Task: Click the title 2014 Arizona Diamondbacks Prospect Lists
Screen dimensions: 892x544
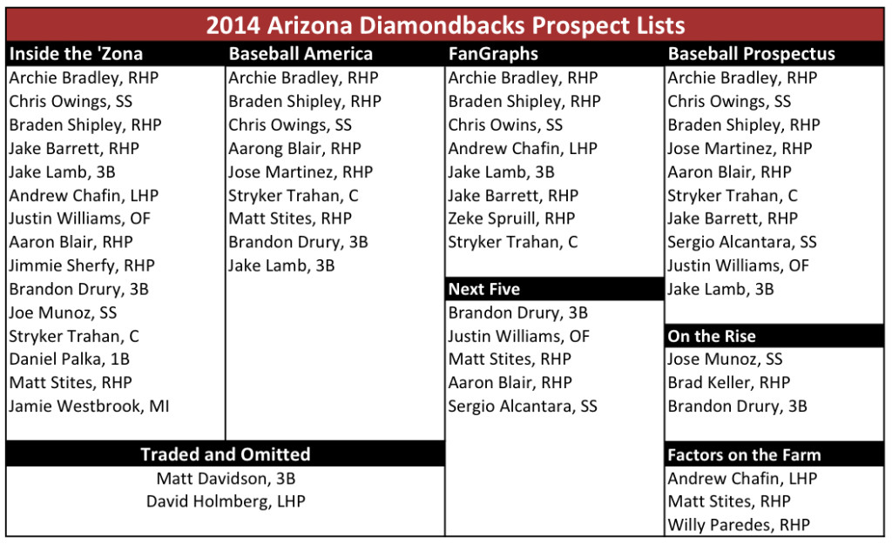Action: pos(445,25)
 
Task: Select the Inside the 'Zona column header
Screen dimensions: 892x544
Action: pos(76,54)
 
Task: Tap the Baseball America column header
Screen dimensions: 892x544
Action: pos(301,54)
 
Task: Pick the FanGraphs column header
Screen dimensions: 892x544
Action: pos(493,54)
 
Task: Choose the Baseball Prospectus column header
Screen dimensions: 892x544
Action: pos(751,54)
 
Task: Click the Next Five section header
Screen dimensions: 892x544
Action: pos(483,289)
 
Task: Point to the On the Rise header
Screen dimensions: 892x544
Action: pos(712,337)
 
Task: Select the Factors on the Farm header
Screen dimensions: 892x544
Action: pos(744,454)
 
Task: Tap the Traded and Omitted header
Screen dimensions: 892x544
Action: pos(226,454)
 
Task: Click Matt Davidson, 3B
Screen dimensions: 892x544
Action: pos(226,479)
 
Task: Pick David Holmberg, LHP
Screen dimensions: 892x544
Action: pos(226,501)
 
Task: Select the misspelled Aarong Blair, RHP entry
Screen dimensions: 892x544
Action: pos(294,149)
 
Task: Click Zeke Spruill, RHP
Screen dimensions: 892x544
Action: pos(511,218)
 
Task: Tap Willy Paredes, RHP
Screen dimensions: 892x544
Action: pos(739,525)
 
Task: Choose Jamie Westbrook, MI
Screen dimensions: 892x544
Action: pos(89,406)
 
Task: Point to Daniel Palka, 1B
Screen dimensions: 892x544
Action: pos(70,359)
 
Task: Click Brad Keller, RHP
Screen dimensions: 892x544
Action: pos(729,383)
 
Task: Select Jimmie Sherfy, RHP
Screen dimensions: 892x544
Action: pos(82,266)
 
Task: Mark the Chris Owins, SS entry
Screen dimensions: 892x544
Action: pos(505,125)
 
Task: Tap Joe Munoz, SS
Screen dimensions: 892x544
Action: pos(63,312)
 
